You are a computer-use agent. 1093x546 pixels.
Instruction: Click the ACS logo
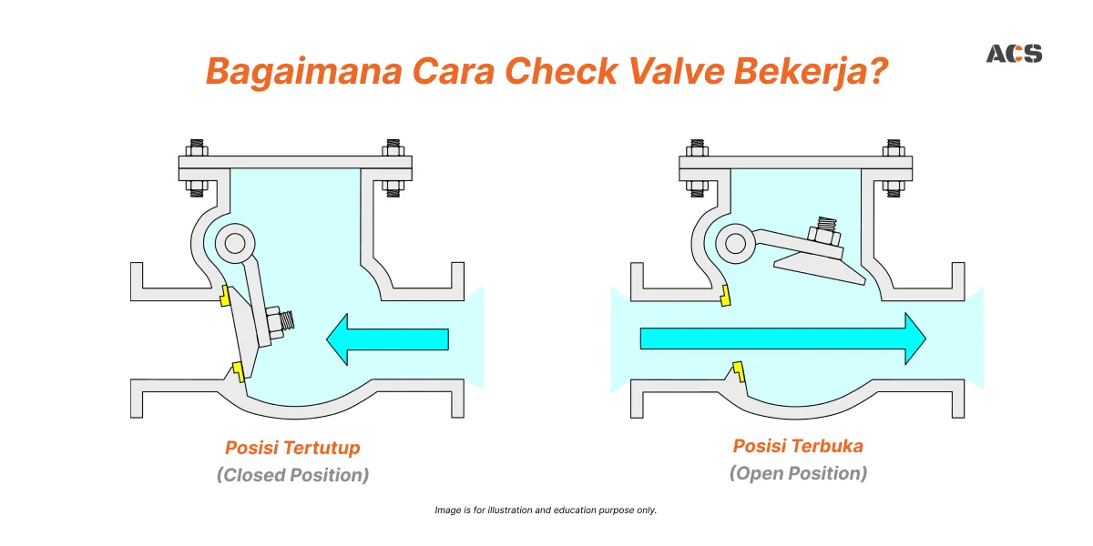1014,54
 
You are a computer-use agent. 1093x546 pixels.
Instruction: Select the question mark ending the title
877,71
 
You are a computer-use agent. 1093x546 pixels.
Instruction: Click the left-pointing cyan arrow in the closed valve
387,339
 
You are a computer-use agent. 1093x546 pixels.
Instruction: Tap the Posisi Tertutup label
292,448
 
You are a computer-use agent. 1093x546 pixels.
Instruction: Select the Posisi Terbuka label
798,446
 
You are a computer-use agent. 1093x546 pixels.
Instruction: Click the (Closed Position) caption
292,475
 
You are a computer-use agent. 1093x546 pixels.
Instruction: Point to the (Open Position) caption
798,473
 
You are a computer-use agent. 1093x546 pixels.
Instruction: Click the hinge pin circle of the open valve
735,243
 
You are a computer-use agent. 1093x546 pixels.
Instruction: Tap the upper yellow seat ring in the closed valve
223,295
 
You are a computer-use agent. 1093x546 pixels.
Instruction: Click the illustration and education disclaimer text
546,511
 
